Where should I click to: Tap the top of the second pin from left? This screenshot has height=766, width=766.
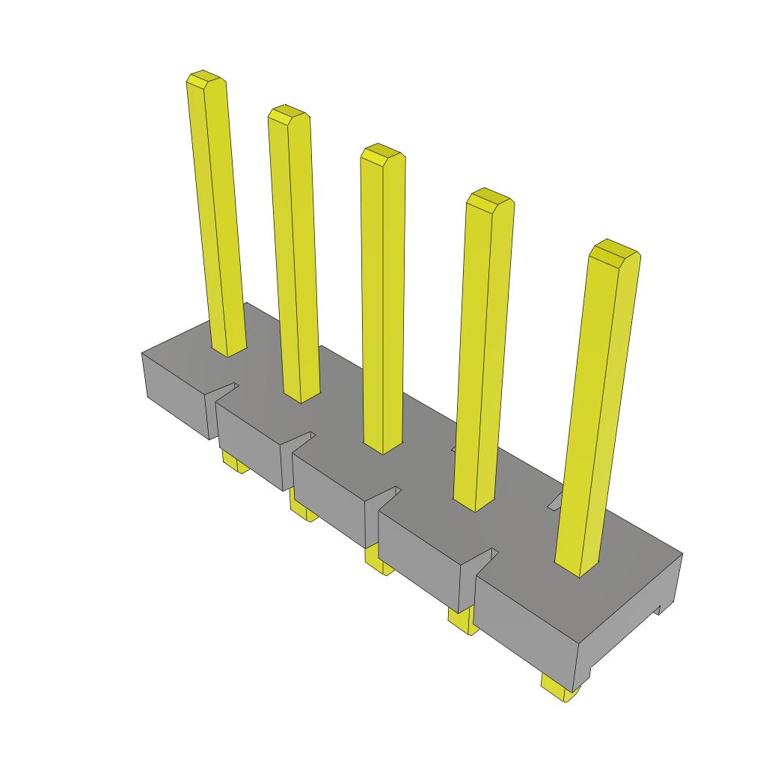pyautogui.click(x=289, y=114)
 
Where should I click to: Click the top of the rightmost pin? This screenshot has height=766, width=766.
pyautogui.click(x=613, y=251)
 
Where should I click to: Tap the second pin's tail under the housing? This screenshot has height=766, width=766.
pyautogui.click(x=303, y=511)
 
